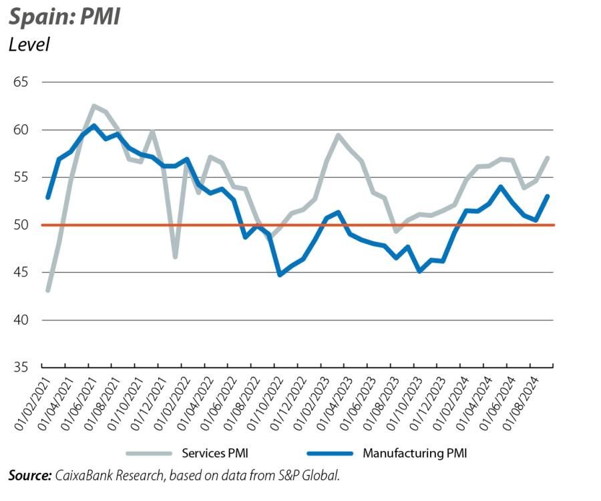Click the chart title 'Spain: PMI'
point(65,16)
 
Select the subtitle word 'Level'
point(29,45)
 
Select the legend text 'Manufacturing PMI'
point(415,453)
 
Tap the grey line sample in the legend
point(148,454)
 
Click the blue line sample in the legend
point(330,454)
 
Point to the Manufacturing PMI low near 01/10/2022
point(280,275)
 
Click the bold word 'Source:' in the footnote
point(30,476)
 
